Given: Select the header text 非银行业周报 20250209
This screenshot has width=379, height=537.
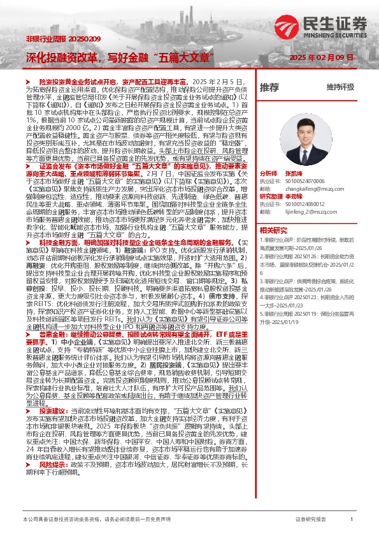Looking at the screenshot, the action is coord(54,39).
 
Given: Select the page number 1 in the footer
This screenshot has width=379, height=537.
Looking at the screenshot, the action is coord(352,520).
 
